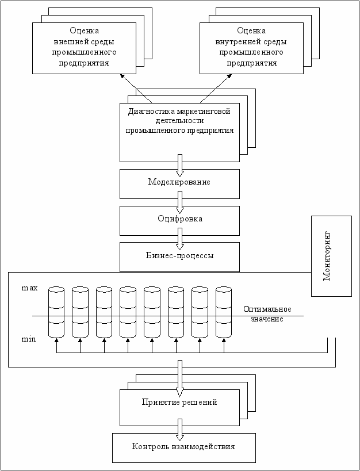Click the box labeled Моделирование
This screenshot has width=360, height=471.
[x=179, y=184]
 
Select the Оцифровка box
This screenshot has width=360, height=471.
[x=179, y=220]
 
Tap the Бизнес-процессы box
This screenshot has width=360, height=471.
[x=179, y=257]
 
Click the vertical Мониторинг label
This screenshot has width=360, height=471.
[x=327, y=256]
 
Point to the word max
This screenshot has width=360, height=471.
[x=30, y=288]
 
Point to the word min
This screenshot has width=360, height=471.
[x=29, y=340]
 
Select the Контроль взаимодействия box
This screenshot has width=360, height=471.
[x=183, y=447]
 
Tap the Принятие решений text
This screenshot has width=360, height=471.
[x=179, y=403]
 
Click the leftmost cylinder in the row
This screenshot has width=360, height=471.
[x=56, y=312]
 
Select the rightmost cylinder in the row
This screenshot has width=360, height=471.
[x=224, y=312]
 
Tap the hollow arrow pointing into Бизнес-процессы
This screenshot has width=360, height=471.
[x=179, y=239]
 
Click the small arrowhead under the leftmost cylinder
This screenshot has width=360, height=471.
[x=56, y=340]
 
